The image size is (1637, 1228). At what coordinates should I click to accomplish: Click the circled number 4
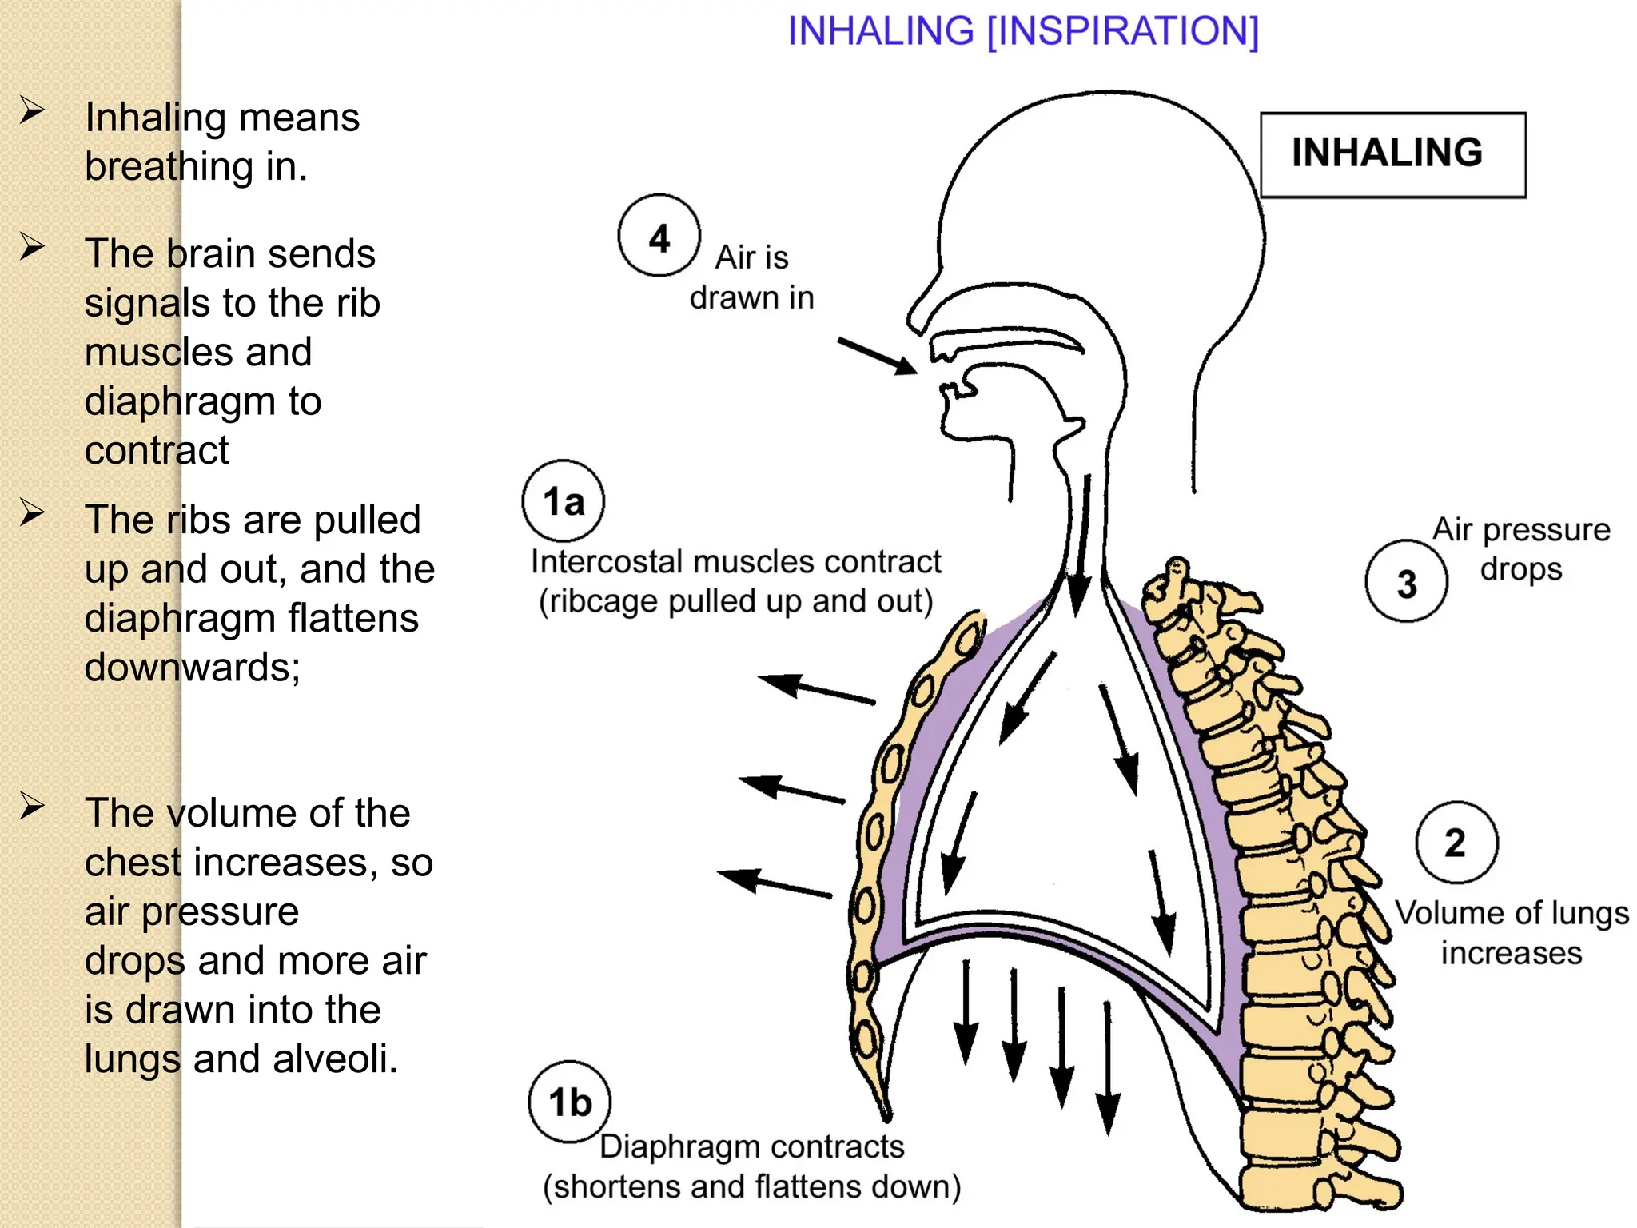659,237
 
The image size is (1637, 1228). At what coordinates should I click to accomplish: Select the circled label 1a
564,502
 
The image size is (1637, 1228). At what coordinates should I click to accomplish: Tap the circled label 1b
569,1102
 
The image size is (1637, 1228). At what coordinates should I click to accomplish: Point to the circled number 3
1406,583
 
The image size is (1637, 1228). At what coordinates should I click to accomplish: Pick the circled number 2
1456,843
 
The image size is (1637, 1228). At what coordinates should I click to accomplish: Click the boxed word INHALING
1387,153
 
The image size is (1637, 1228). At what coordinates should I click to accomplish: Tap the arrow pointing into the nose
878,355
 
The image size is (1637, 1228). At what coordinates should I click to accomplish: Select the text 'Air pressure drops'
1520,548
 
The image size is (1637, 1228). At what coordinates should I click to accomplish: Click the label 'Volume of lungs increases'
1511,932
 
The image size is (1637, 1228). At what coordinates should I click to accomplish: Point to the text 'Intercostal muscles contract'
735,562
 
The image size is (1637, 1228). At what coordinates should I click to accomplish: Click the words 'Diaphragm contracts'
751,1146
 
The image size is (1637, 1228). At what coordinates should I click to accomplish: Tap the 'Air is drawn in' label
751,277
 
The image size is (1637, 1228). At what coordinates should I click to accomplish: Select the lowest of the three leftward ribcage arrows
775,883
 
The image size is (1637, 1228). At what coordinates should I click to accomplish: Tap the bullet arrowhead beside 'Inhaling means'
32,110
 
